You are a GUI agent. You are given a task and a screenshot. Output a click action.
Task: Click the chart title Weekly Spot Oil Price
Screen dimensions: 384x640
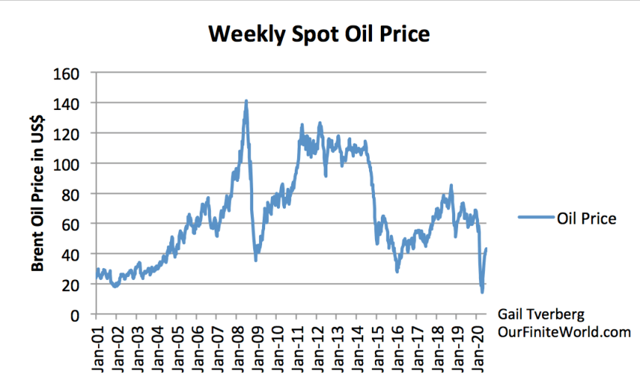tap(319, 34)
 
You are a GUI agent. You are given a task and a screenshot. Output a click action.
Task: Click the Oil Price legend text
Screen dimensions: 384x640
tap(586, 218)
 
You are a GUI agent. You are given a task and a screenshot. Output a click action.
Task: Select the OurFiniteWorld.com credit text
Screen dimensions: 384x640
tap(565, 332)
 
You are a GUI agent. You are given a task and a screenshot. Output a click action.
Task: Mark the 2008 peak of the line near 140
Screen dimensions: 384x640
tap(246, 101)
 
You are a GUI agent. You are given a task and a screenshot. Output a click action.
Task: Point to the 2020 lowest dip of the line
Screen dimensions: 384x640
tap(482, 291)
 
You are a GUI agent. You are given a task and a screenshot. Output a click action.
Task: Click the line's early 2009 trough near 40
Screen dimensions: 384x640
tap(255, 259)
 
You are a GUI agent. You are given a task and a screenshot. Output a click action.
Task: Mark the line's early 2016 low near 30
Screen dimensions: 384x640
tap(397, 271)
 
